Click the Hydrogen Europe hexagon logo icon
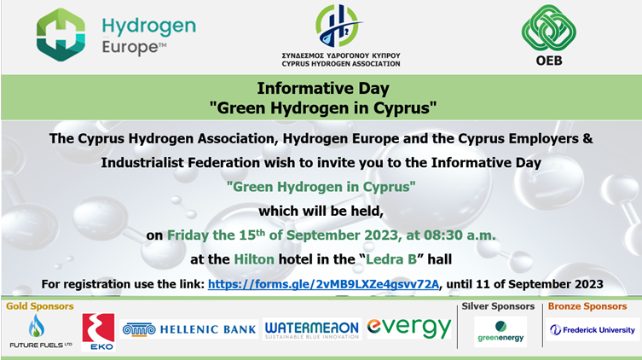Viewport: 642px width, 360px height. (61, 35)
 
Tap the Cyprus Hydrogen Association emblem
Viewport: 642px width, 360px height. (338, 26)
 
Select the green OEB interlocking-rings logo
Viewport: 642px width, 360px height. (549, 28)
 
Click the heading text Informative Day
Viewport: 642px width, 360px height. (323, 88)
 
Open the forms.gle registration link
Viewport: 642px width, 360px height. (323, 284)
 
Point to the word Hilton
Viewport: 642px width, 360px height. (254, 259)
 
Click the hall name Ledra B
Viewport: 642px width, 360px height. (391, 259)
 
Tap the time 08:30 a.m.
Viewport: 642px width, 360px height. (460, 235)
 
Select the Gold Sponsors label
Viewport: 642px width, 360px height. (40, 306)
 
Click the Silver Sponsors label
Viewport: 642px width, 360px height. (498, 306)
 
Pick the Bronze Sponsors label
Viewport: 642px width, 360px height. (587, 306)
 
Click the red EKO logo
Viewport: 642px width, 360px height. (98, 332)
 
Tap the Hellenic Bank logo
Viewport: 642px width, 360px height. (189, 329)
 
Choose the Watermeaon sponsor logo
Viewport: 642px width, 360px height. (312, 329)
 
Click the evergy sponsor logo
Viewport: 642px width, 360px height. (409, 328)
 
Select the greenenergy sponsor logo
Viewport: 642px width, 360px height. (500, 332)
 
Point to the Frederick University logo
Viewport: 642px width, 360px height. (592, 329)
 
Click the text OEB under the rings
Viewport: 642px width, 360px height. (549, 61)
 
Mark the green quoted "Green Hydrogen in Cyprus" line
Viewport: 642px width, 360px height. (321, 187)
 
